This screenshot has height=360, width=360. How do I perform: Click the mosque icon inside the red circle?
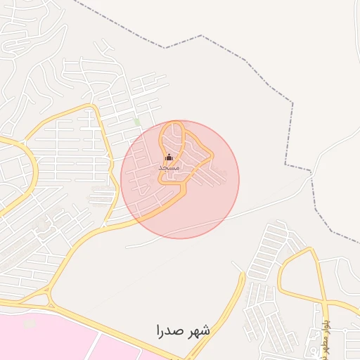tap(169, 157)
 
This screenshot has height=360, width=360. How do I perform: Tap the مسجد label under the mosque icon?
tap(169, 168)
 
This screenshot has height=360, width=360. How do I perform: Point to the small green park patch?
tap(137, 122)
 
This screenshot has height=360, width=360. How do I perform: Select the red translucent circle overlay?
tap(211, 204)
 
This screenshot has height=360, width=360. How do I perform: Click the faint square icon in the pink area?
tap(29, 323)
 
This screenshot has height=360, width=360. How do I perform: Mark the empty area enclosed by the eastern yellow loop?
tap(302, 278)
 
